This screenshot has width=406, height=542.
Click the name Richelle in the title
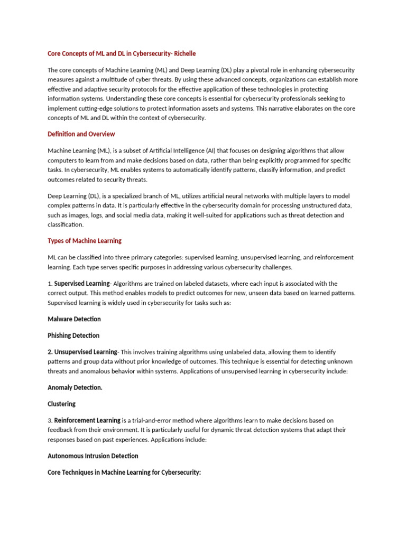pyautogui.click(x=185, y=53)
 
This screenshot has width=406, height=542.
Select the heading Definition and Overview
pyautogui.click(x=81, y=134)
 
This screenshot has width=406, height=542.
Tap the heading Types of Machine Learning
pyautogui.click(x=85, y=241)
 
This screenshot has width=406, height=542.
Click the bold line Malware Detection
pyautogui.click(x=74, y=319)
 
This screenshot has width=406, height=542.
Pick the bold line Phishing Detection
pyautogui.click(x=73, y=336)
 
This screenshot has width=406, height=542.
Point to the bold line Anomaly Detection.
pyautogui.click(x=75, y=387)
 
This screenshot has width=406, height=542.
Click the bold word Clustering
pyautogui.click(x=62, y=404)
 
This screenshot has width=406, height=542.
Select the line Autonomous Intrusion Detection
pyautogui.click(x=93, y=456)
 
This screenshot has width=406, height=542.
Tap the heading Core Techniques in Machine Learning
pyautogui.click(x=124, y=472)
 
